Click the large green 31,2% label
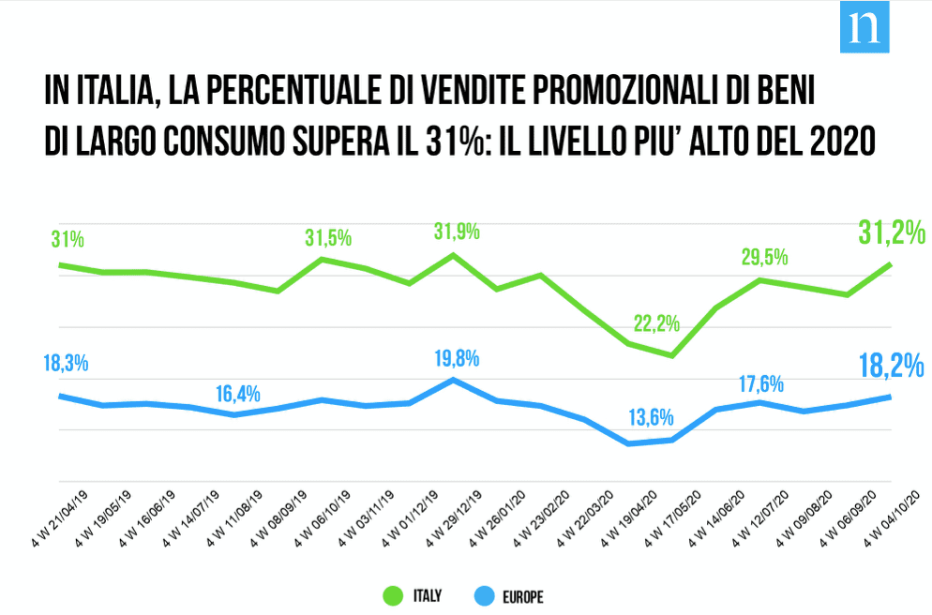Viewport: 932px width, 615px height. click(x=892, y=232)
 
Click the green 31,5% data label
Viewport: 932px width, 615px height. click(x=327, y=237)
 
